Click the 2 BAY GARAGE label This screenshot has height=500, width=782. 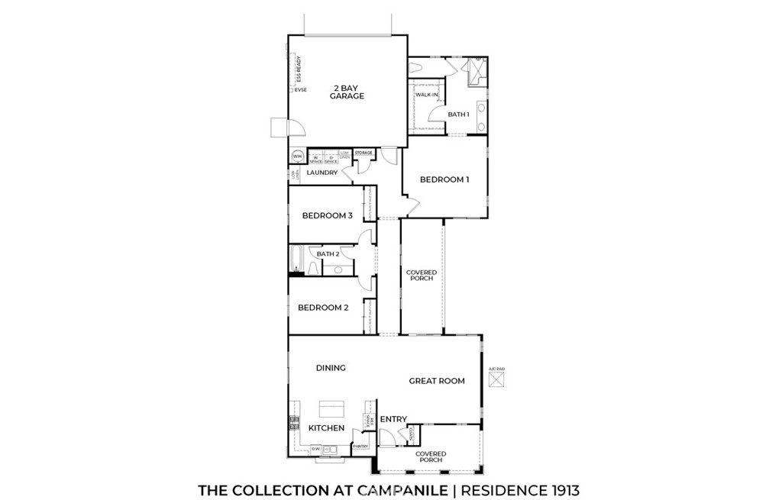[x=347, y=92]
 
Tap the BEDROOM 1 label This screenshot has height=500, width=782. [x=444, y=180]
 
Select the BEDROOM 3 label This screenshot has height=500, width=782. [x=327, y=216]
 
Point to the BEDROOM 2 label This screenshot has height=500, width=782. [x=323, y=308]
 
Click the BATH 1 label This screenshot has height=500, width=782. [x=458, y=115]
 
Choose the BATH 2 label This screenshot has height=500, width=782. [x=328, y=254]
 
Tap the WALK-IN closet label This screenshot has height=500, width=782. [x=426, y=95]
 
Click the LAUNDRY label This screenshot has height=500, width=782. [x=322, y=173]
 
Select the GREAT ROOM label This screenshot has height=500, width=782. [x=437, y=381]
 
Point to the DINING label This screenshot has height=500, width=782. [x=331, y=368]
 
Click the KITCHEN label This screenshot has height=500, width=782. [x=326, y=428]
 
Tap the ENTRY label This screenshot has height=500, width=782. [x=393, y=419]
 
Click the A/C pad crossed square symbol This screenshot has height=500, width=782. [x=496, y=380]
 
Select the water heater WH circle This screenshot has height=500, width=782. [x=297, y=157]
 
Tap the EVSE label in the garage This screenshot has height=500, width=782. [x=301, y=90]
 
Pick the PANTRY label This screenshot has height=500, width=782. [x=360, y=447]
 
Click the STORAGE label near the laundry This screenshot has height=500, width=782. [x=364, y=153]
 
